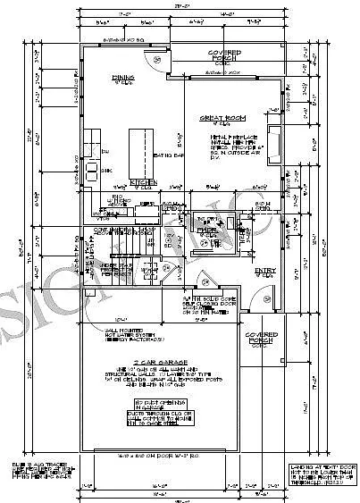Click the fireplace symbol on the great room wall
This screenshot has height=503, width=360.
click(x=276, y=143)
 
